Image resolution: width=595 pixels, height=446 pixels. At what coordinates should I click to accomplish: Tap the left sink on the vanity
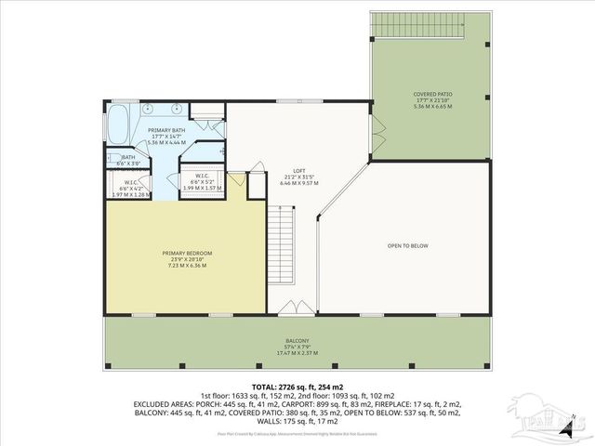click(x=150, y=109)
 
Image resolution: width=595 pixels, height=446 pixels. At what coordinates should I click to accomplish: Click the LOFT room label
click(x=298, y=171)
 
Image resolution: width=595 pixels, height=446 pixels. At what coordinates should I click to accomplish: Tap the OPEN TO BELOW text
click(x=407, y=245)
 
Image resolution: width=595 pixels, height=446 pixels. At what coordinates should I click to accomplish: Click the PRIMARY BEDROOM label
click(x=187, y=253)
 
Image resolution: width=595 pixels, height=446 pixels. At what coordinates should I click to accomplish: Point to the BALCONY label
click(x=297, y=340)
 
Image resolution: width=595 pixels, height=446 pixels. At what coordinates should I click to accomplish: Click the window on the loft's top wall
click(x=311, y=100)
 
